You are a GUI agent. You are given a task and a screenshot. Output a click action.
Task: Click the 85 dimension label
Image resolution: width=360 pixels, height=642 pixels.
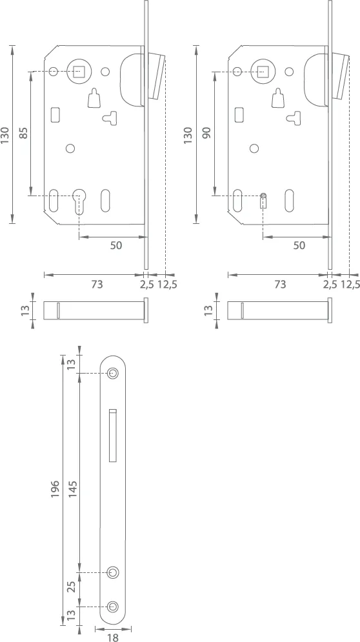click(x=23, y=134)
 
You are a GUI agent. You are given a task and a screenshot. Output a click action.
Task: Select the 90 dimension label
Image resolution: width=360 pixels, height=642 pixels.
click(x=207, y=134)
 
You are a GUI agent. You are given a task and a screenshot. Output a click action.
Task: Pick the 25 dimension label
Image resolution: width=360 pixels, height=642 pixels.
click(x=73, y=588)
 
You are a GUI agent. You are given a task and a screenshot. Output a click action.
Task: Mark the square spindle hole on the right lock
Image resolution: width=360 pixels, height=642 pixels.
click(x=263, y=71)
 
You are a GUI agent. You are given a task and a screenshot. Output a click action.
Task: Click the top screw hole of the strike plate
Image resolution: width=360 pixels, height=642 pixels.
click(x=114, y=374)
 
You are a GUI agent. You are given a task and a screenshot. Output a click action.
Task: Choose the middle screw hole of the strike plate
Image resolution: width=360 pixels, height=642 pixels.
click(x=114, y=572)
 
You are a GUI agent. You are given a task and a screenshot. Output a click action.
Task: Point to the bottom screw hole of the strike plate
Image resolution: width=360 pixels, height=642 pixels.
click(x=114, y=606)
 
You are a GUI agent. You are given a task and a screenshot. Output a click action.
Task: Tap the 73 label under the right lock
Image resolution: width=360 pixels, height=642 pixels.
click(x=280, y=283)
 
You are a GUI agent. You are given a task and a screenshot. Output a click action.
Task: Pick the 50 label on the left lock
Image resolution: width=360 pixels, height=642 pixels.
click(x=116, y=245)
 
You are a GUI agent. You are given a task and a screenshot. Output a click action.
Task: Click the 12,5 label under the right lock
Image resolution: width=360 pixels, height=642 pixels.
click(x=350, y=283)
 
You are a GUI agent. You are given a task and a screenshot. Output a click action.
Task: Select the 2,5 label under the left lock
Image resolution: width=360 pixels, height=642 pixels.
click(x=148, y=283)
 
